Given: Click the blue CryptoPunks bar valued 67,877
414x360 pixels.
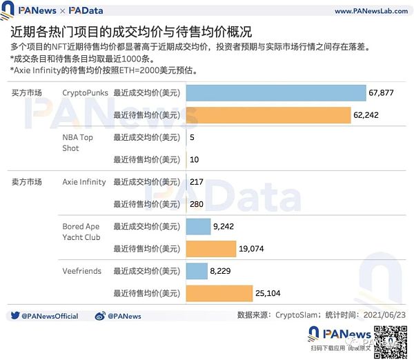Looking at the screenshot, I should (x=276, y=92).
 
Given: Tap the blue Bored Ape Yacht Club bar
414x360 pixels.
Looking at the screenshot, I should (x=199, y=226).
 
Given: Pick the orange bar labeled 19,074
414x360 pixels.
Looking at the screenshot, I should (x=211, y=248).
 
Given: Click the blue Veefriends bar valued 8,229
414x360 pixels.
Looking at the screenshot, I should (x=197, y=272).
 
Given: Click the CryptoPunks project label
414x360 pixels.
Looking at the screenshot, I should (x=81, y=92).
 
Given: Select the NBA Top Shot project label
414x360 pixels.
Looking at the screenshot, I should (x=77, y=142).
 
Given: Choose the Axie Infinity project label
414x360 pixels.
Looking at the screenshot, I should (x=84, y=182).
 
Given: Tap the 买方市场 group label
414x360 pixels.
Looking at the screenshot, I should (x=28, y=92).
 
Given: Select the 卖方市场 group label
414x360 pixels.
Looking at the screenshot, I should (x=28, y=182).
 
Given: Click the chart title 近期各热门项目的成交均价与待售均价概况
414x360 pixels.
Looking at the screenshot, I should (x=131, y=32).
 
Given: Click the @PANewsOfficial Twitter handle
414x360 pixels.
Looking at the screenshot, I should (x=49, y=316).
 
